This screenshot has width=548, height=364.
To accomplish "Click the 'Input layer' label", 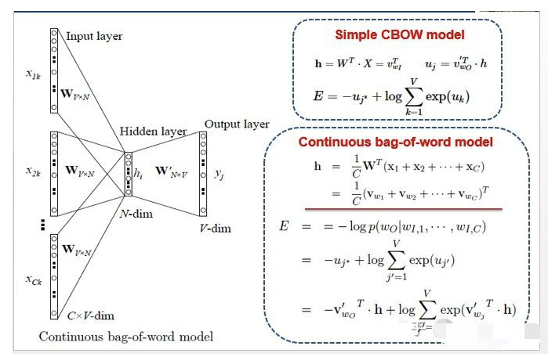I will point(94,36).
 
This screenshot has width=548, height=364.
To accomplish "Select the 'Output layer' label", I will point(237,124).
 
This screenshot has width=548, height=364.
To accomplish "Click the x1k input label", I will point(33,74).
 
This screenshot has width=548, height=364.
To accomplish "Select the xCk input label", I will point(33,279).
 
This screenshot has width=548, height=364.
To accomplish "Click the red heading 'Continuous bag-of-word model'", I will point(395,142).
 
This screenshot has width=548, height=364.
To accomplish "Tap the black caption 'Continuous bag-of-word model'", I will point(126,337).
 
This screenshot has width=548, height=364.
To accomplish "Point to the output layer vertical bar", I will point(203,173).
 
